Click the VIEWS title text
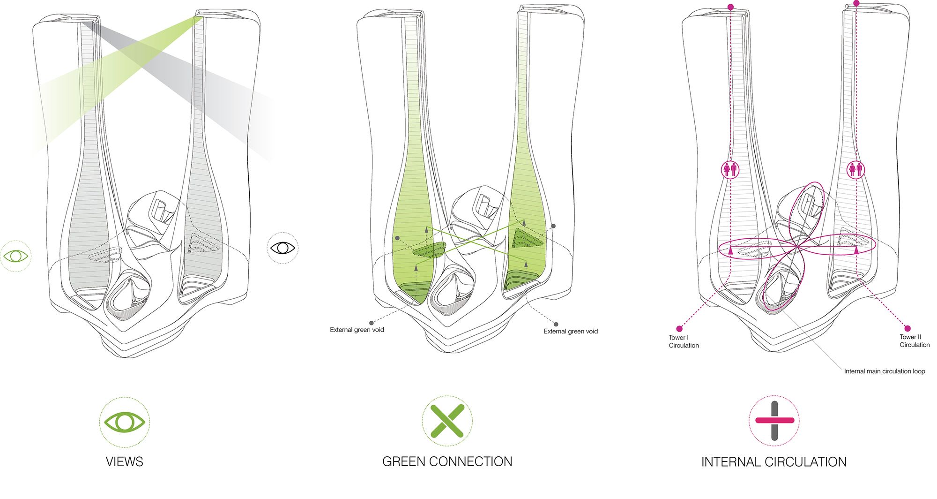coord(124,461)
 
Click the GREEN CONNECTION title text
coord(447,461)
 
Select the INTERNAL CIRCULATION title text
coord(773,462)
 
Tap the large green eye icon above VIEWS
coord(124,422)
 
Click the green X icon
coord(447,421)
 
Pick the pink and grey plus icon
coord(774,421)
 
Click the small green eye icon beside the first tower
coord(15,256)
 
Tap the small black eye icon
coord(283,247)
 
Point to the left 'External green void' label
coord(357,330)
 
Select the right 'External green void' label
coord(570,331)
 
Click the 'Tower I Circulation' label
coord(684,341)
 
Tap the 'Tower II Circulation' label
coord(914,341)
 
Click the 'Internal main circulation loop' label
coord(884,371)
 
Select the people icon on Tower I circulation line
coord(730,169)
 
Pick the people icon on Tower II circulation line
coord(856,169)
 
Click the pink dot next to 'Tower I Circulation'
coord(679,329)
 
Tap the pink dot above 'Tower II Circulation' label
coord(907,328)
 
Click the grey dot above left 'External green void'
coord(372,323)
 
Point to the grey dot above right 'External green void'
coord(556,324)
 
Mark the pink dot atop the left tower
coord(730,7)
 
